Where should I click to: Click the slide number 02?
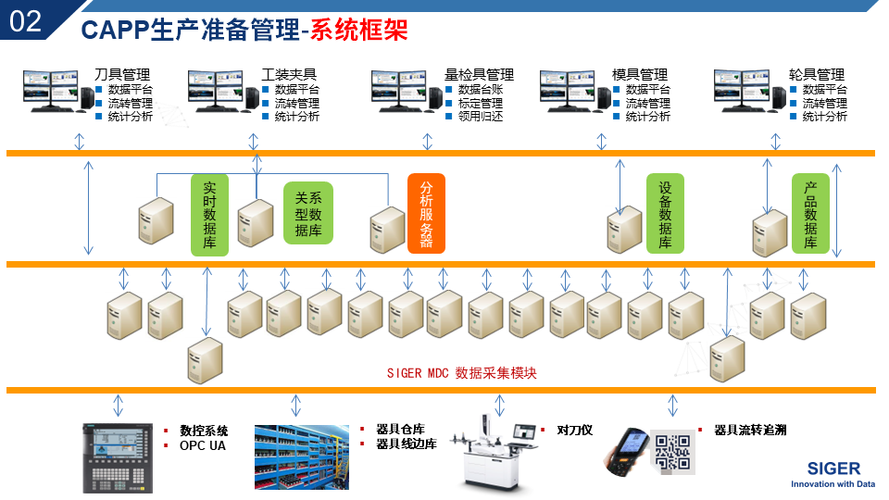click(25, 21)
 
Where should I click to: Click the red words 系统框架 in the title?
click(358, 30)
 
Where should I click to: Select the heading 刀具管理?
click(122, 75)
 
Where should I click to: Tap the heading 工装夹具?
click(290, 75)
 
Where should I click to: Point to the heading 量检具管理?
click(479, 75)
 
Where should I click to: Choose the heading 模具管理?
click(640, 75)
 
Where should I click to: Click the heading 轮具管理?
click(817, 75)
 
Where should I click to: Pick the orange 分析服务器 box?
click(426, 213)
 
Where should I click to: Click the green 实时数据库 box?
click(209, 215)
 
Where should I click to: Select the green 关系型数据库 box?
click(308, 213)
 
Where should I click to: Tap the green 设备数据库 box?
click(665, 215)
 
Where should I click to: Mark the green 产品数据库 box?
click(810, 215)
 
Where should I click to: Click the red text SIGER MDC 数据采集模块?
click(461, 373)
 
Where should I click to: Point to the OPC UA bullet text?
click(202, 445)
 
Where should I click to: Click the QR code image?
click(673, 451)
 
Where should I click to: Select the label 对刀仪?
click(574, 431)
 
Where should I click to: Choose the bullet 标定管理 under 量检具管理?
click(481, 103)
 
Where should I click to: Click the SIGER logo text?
click(833, 468)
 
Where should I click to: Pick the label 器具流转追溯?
click(750, 431)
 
